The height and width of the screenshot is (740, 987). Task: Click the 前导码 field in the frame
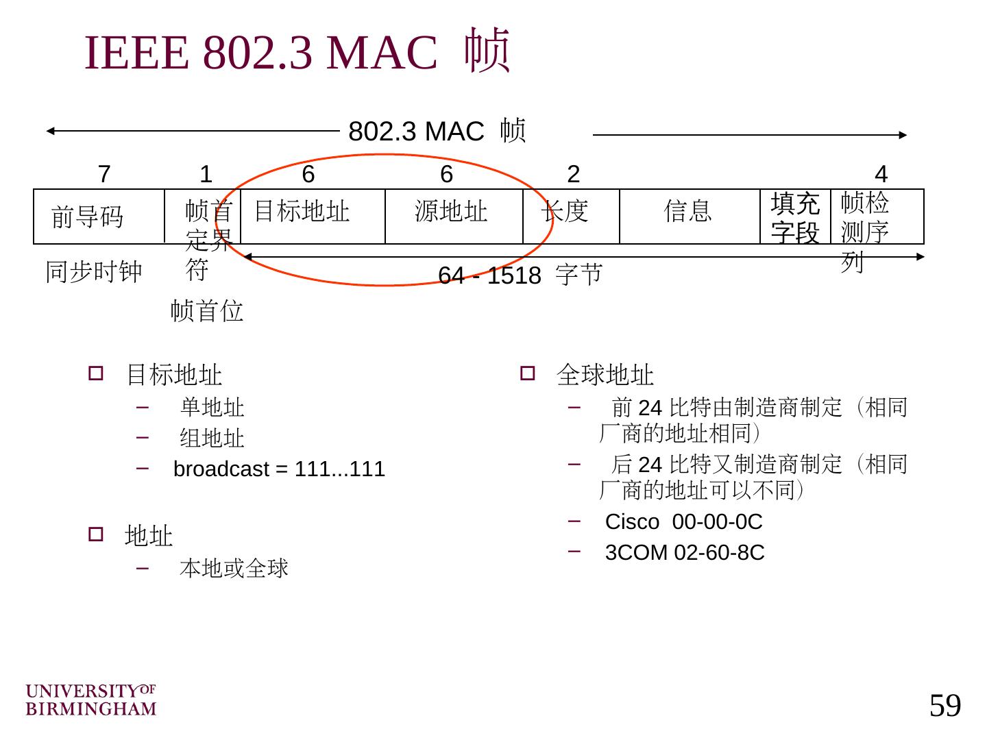88,217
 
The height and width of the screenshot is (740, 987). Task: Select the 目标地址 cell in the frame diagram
302,211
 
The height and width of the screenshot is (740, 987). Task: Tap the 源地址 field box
451,211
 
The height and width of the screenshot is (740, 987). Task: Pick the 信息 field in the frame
687,211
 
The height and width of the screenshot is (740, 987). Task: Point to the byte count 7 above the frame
104,175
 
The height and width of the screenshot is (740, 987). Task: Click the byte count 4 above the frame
881,175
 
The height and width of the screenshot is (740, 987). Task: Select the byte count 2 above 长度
574,175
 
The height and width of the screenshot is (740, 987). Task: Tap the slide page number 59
945,706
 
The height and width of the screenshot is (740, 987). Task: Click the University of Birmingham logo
91,700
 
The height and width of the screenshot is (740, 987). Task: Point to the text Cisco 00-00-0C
683,522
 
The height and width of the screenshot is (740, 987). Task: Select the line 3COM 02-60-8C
684,553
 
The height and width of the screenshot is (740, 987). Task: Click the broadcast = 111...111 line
279,469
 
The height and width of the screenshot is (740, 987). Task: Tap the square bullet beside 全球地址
527,373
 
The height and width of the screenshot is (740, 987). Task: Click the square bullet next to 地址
95,534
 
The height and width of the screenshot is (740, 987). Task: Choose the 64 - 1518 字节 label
520,275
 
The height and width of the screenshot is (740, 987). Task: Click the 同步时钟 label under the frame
94,272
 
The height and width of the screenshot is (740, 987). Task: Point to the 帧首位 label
207,311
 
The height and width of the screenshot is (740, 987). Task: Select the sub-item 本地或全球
234,568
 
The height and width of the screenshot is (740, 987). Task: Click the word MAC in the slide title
382,53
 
